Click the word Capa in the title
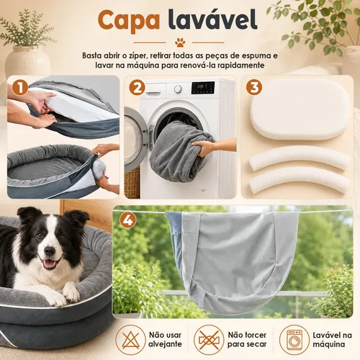[x=129, y=20]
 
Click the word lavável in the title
[x=212, y=19]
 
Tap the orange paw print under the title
[x=180, y=42]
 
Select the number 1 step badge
[x=20, y=87]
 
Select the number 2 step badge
[x=137, y=87]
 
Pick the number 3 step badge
[x=254, y=87]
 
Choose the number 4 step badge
[x=128, y=220]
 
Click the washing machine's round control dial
[x=178, y=89]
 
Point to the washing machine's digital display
[x=203, y=88]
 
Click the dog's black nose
[x=50, y=251]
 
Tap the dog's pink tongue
[x=50, y=264]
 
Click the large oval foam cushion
[x=300, y=110]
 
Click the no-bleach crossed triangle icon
[x=130, y=340]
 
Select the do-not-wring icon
[x=209, y=340]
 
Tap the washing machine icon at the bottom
[x=294, y=340]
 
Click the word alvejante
[x=165, y=344]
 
